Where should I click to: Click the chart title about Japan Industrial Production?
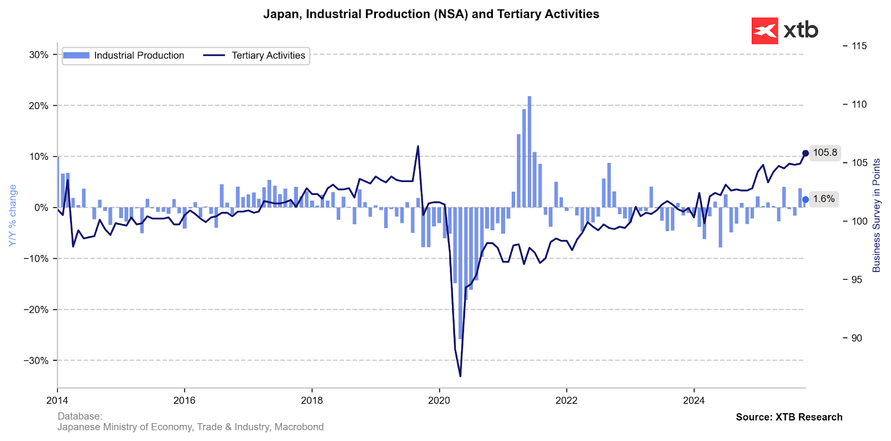click(431, 14)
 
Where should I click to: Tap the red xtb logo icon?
click(765, 31)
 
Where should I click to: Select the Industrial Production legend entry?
click(124, 56)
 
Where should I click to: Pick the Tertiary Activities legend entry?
click(254, 56)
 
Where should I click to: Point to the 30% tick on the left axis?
click(39, 54)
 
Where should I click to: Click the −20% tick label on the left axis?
click(36, 310)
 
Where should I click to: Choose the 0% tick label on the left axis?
click(41, 207)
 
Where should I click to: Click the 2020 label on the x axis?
click(439, 400)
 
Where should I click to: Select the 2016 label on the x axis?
click(184, 400)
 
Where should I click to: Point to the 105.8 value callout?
click(825, 153)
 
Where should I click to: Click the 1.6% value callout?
click(824, 199)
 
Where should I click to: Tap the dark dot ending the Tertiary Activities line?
click(805, 153)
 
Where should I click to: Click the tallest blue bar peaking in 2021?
click(529, 150)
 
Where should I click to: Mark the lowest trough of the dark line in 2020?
click(460, 376)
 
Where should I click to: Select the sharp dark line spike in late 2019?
click(418, 147)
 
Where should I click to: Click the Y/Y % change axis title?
click(13, 216)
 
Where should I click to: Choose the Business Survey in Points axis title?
click(877, 216)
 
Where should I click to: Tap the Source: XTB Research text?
click(789, 417)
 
